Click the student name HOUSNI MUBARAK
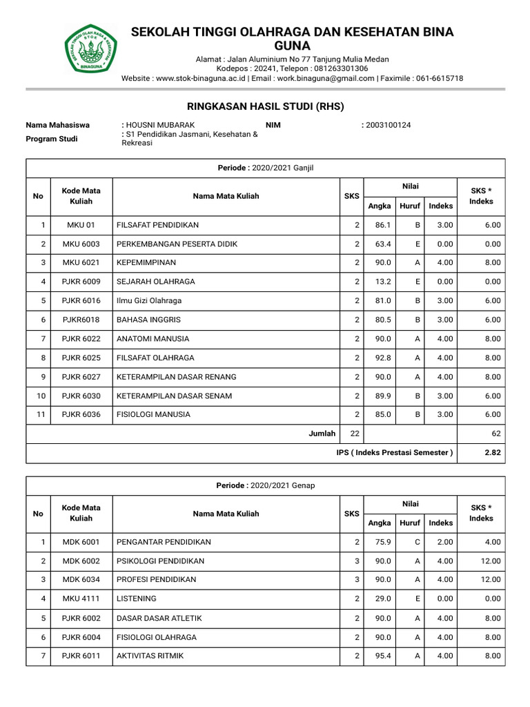(x=155, y=125)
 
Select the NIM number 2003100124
(x=389, y=125)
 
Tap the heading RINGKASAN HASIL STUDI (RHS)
(x=265, y=106)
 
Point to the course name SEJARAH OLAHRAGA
(x=156, y=282)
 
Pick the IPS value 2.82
(x=493, y=453)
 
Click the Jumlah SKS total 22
(x=355, y=434)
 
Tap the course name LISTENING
(x=137, y=599)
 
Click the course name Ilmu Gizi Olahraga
(x=152, y=301)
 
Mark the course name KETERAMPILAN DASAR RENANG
(x=177, y=377)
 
